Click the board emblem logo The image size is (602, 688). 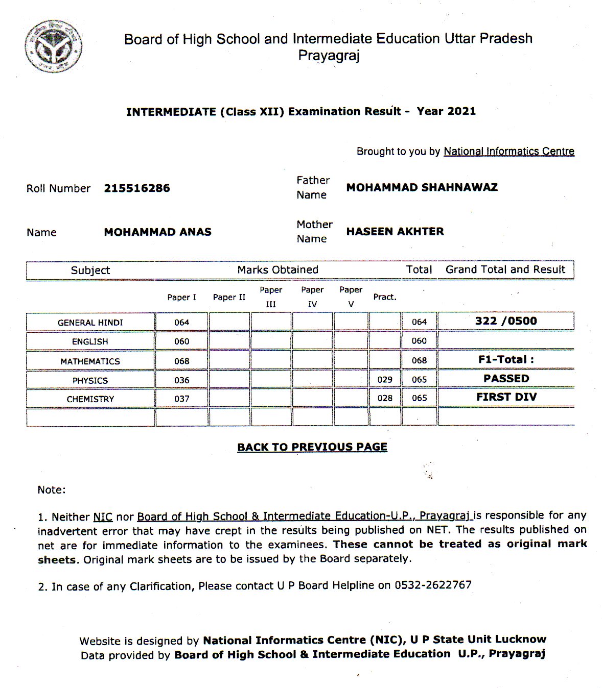tap(53, 45)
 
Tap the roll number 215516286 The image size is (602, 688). tap(137, 188)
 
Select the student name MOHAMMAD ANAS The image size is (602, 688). tap(157, 232)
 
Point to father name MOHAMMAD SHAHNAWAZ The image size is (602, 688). tap(422, 187)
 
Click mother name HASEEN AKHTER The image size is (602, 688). tap(395, 232)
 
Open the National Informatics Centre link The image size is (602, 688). tap(508, 152)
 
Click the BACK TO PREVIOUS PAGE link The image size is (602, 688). tap(312, 447)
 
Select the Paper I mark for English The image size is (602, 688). tap(181, 341)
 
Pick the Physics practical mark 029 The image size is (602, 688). tap(385, 380)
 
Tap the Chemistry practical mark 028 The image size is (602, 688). tap(385, 398)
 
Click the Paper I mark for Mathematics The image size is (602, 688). tap(181, 361)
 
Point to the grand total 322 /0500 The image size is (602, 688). tap(506, 321)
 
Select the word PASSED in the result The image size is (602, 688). tap(506, 379)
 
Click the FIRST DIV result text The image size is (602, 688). tap(506, 397)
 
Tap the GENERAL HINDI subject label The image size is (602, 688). tap(90, 323)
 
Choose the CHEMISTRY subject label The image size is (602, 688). tap(90, 399)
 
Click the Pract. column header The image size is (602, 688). tap(385, 297)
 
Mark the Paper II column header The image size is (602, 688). tap(229, 297)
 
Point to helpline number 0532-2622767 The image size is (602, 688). tap(433, 585)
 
